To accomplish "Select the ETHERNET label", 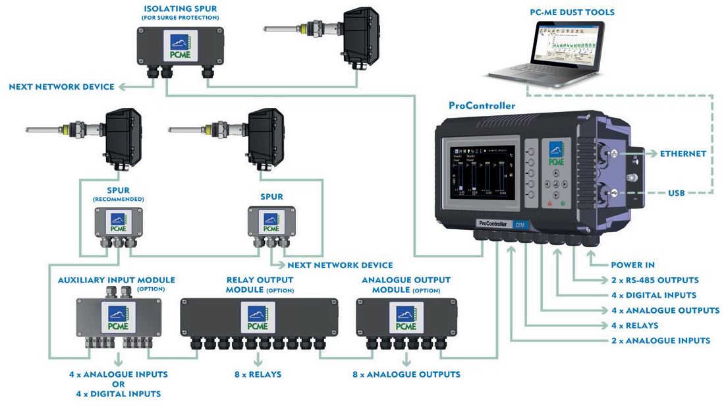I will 683,153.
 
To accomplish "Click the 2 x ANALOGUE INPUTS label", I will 661,341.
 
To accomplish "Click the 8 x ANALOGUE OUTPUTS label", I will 406,374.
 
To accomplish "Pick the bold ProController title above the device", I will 482,105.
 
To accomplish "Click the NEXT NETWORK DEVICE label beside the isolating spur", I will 62,86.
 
